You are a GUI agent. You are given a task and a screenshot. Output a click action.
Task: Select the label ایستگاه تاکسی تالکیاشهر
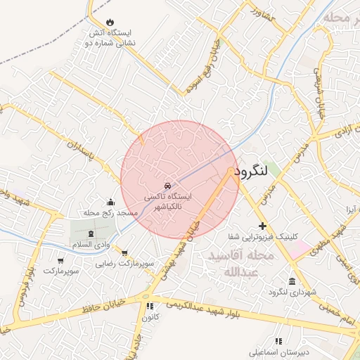point(164,203)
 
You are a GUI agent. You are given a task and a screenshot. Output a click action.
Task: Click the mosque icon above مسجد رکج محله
point(110,201)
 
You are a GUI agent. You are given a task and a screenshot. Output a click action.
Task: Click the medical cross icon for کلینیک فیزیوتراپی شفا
point(262,226)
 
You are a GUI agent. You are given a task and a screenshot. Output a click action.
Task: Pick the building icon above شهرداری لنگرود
point(272,281)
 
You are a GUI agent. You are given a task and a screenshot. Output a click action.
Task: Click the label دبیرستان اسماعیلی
point(279,351)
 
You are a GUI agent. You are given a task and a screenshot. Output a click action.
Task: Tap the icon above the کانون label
point(149,306)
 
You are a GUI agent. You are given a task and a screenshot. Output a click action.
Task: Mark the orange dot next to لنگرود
point(231,171)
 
